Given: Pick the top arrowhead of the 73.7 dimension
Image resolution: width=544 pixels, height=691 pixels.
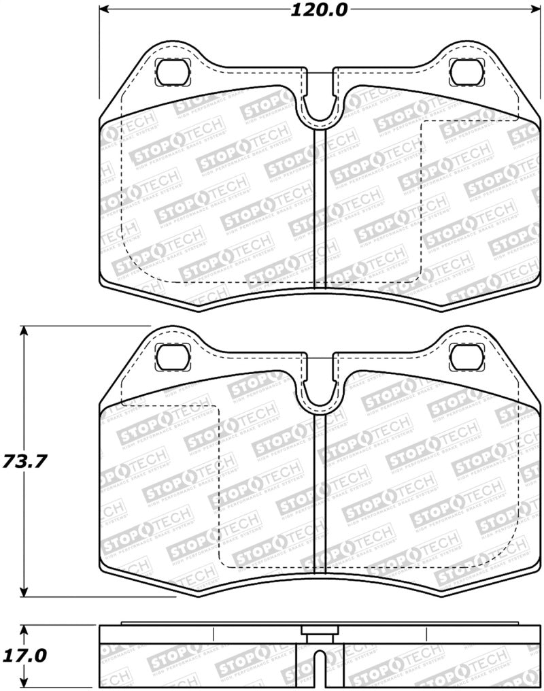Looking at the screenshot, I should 24,331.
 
